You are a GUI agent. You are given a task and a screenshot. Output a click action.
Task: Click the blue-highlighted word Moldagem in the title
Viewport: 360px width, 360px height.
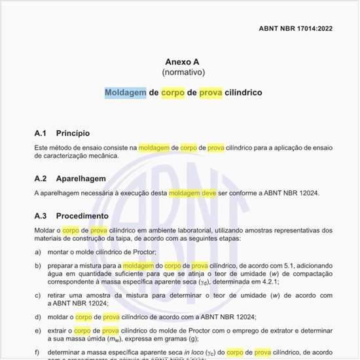point(126,93)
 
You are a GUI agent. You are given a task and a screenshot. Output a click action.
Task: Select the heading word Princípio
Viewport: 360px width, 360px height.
point(73,133)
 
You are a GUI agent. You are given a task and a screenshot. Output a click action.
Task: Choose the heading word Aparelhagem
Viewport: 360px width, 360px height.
point(83,178)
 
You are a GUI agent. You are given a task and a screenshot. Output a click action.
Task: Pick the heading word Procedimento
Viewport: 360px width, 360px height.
point(82,215)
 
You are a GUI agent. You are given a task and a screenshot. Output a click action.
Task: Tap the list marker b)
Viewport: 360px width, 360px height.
point(38,266)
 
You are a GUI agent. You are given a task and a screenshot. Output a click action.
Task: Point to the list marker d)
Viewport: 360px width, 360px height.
point(38,317)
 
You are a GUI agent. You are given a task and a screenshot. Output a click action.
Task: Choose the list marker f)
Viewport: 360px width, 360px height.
point(38,353)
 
